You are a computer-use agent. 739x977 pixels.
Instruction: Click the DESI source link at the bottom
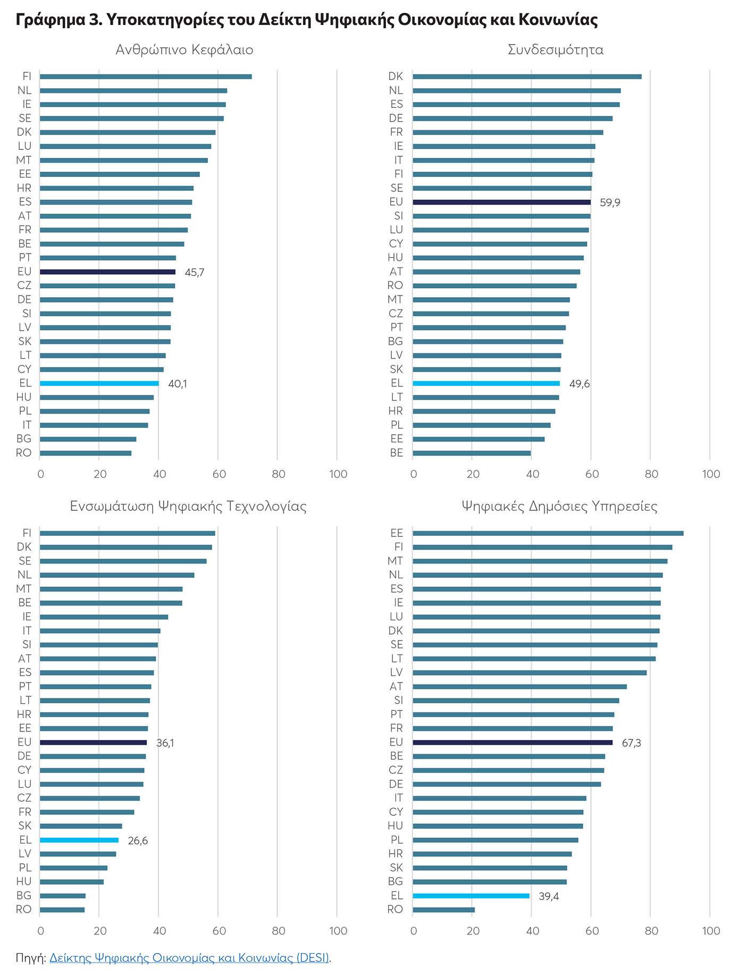coord(189,958)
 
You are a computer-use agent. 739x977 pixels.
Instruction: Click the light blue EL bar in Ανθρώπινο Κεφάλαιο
coord(99,383)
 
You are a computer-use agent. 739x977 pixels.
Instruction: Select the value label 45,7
coord(195,273)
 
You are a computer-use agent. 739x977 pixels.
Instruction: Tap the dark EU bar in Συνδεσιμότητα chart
coord(501,202)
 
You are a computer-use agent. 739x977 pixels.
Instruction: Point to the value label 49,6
coord(580,384)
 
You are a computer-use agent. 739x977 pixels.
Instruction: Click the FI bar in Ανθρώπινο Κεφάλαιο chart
coord(146,77)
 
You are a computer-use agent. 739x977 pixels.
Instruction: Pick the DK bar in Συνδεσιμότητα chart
coord(527,77)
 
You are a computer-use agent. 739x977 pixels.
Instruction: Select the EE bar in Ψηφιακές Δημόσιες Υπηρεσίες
coord(548,533)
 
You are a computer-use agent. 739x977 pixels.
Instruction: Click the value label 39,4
coord(549,896)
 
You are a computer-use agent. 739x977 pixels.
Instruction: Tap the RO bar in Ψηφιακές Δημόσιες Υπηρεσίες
coord(443,909)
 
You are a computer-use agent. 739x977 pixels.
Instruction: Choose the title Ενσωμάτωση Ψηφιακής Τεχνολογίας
coord(188,506)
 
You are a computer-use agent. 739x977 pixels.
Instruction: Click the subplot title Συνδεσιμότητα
coord(556,50)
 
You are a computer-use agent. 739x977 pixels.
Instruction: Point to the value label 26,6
coord(138,840)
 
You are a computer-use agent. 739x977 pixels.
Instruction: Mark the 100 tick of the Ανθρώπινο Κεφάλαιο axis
coord(338,474)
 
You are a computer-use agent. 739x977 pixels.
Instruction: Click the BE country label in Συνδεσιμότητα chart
coord(397,453)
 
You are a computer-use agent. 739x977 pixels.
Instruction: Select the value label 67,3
coord(631,743)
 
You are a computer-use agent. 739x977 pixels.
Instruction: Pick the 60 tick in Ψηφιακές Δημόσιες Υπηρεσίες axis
coord(592,931)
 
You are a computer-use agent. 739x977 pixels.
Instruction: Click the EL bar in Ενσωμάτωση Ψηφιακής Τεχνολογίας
coord(79,840)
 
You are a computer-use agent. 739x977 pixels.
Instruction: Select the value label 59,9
coord(610,203)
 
